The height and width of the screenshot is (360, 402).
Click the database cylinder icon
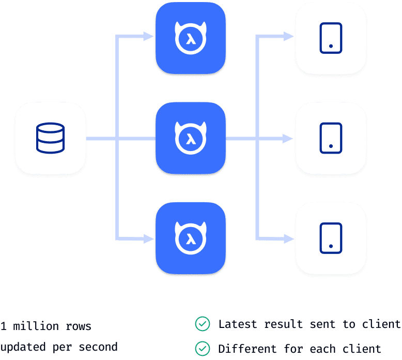tap(50, 138)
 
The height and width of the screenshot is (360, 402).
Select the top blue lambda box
tap(191, 37)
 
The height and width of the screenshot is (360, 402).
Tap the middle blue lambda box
tap(191, 138)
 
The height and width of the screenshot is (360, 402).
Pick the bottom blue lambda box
tap(191, 238)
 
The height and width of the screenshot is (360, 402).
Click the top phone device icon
tap(331, 37)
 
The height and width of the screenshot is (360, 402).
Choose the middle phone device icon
tap(331, 138)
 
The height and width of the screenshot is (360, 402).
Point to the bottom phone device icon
tap(331, 238)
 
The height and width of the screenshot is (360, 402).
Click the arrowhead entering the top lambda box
tap(149, 37)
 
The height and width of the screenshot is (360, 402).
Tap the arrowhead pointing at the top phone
tap(289, 37)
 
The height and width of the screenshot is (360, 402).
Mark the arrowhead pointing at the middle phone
tap(289, 138)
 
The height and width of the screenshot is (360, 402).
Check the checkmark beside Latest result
tap(202, 325)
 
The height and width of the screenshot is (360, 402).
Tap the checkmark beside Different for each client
tap(202, 348)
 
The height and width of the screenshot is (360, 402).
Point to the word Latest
tap(238, 325)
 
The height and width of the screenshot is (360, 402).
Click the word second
tap(98, 347)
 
